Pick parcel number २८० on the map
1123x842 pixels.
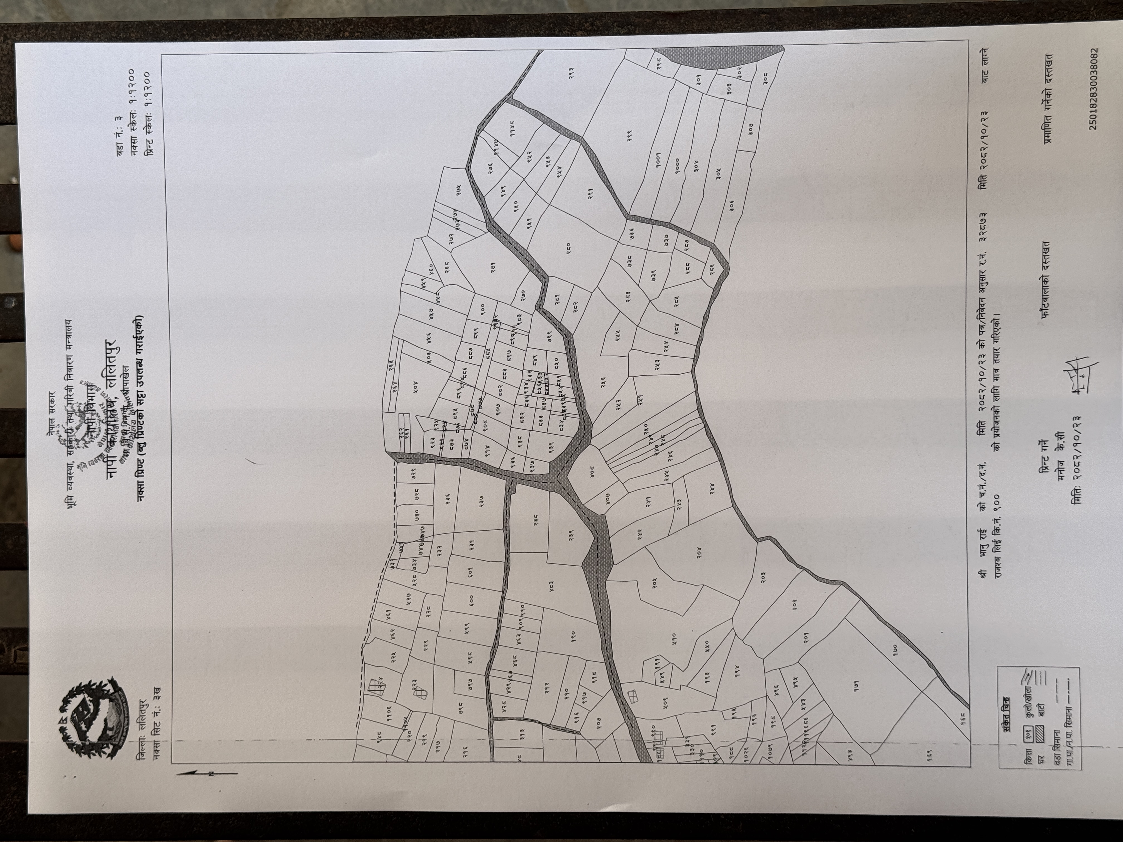[x=569, y=247]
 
